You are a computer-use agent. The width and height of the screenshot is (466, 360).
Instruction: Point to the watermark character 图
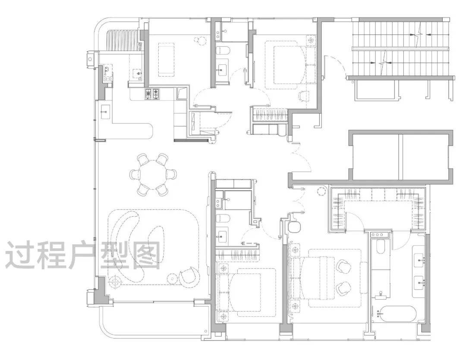[145, 255]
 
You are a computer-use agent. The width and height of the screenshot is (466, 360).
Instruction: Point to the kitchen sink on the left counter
[106, 112]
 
